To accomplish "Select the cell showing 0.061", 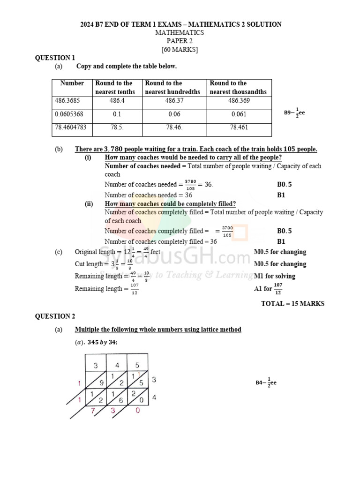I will click(x=239, y=114).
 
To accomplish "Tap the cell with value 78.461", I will click(x=239, y=127).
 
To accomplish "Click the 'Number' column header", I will click(x=72, y=83).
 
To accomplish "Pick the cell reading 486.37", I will click(x=174, y=101).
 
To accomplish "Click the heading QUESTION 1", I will click(x=55, y=58).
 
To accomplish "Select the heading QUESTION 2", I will click(x=55, y=316).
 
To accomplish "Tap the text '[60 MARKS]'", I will click(x=180, y=50).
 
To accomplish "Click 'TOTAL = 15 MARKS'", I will click(x=292, y=304).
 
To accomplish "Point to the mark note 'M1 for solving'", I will click(x=275, y=276).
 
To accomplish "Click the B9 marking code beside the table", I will click(x=294, y=113).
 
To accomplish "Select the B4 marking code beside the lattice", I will click(x=266, y=382).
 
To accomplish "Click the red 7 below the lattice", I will click(x=94, y=411).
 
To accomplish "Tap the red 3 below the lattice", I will click(x=113, y=411).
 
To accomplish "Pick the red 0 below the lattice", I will click(x=137, y=411).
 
